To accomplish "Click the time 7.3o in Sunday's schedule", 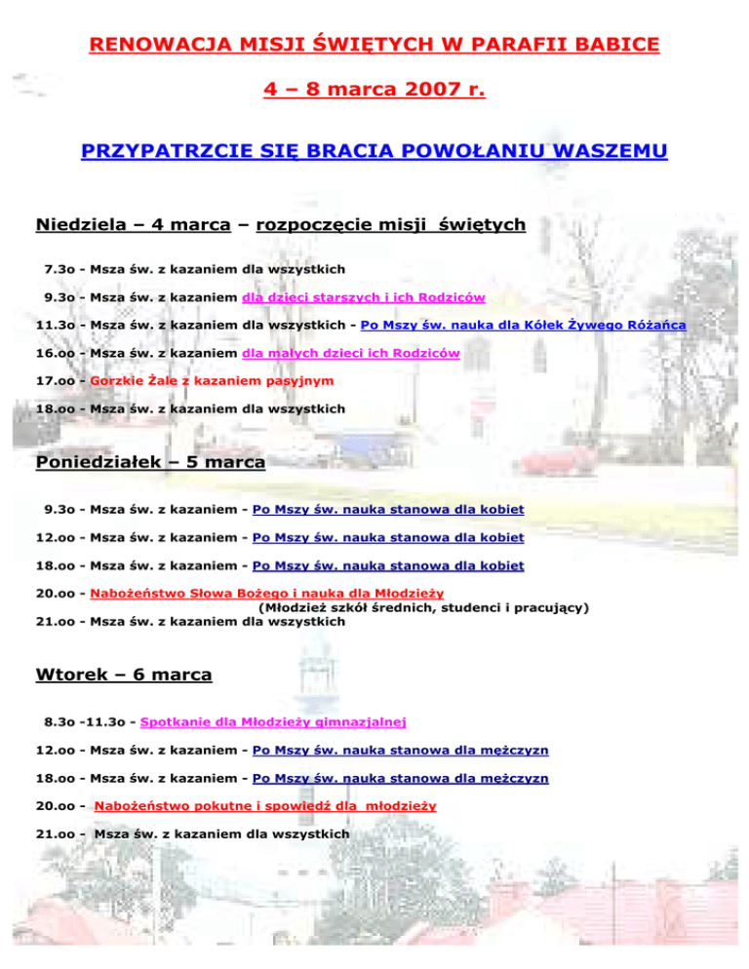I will pyautogui.click(x=61, y=268).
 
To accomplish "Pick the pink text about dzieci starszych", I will pyautogui.click(x=364, y=296).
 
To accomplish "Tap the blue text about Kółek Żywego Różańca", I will pyautogui.click(x=523, y=325).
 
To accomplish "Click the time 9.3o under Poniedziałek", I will pyautogui.click(x=61, y=509).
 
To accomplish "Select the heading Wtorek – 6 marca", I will pyautogui.click(x=123, y=674).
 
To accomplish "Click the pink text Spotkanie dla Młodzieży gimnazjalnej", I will pyautogui.click(x=273, y=722).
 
